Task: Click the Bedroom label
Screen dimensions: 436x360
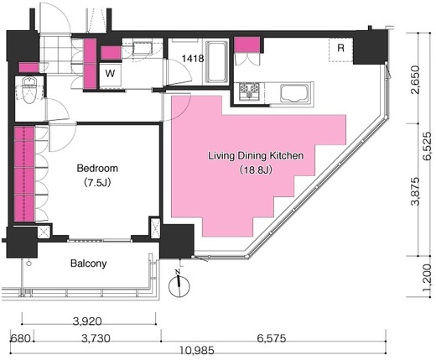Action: tap(97, 169)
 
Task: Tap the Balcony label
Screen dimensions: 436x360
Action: tap(89, 263)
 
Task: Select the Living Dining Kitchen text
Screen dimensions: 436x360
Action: tap(256, 156)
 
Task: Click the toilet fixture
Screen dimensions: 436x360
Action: tap(29, 90)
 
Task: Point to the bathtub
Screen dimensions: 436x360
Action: tap(216, 62)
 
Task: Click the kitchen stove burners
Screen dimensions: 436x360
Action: tap(249, 91)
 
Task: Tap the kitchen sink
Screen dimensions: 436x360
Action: tap(294, 94)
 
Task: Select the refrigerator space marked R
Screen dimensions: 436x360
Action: tap(340, 50)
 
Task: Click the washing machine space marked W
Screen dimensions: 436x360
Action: tap(111, 74)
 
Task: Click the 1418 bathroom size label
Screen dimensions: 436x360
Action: tap(193, 59)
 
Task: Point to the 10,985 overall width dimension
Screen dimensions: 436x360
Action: tap(197, 350)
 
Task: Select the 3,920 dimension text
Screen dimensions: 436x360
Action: tap(87, 321)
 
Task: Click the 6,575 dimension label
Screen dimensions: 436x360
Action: tap(272, 338)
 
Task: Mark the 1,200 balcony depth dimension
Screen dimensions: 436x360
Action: tap(428, 278)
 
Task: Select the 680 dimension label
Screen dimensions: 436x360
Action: tap(20, 338)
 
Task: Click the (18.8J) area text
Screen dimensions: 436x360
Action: tap(256, 170)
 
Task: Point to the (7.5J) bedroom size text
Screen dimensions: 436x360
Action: tap(97, 183)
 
